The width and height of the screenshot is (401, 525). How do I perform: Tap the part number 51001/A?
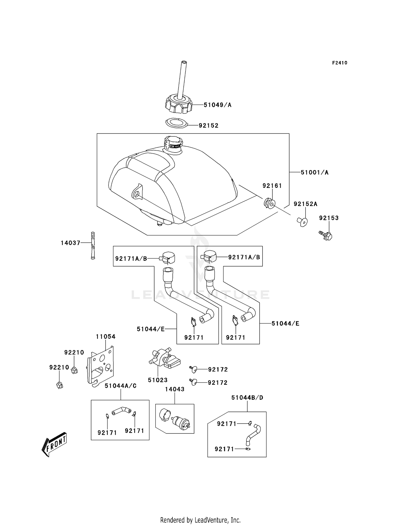pyautogui.click(x=315, y=173)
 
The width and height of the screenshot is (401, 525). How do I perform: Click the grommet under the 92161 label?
pyautogui.click(x=269, y=203)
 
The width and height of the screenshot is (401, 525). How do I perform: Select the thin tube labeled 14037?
pyautogui.click(x=93, y=245)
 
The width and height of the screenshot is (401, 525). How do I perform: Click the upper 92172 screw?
pyautogui.click(x=193, y=369)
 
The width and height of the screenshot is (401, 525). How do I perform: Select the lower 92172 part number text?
pyautogui.click(x=218, y=383)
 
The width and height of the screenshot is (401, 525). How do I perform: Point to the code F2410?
pyautogui.click(x=340, y=63)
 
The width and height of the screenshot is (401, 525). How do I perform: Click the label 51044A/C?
pyautogui.click(x=121, y=386)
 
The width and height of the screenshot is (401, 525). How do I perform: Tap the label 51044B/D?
pyautogui.click(x=247, y=398)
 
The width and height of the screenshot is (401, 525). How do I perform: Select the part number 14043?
pyautogui.click(x=175, y=389)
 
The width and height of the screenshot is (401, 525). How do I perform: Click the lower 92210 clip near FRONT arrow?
pyautogui.click(x=60, y=385)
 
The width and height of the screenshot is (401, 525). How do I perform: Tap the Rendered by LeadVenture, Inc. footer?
pyautogui.click(x=200, y=520)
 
